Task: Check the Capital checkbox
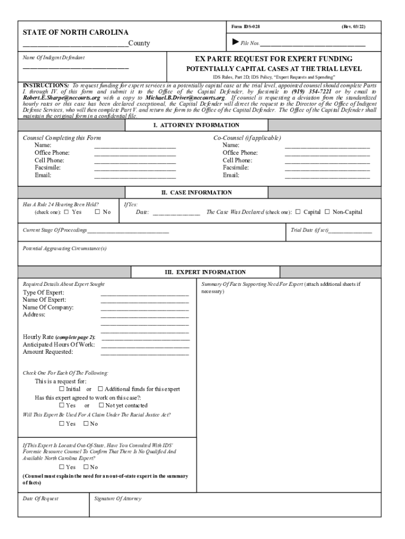298,212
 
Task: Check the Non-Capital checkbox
327,212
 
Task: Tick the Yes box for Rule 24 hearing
66,212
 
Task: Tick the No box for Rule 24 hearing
97,212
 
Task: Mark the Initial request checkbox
62,389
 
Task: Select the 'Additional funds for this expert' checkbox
100,389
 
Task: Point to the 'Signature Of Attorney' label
118,498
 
